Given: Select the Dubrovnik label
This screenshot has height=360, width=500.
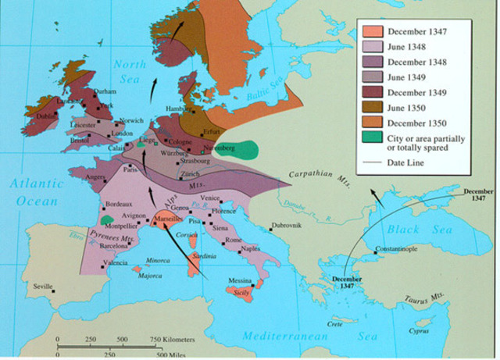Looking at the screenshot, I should (x=288, y=226).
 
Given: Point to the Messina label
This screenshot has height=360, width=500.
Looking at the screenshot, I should (x=240, y=280).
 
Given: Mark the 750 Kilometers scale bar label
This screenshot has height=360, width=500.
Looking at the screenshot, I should (x=172, y=339).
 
